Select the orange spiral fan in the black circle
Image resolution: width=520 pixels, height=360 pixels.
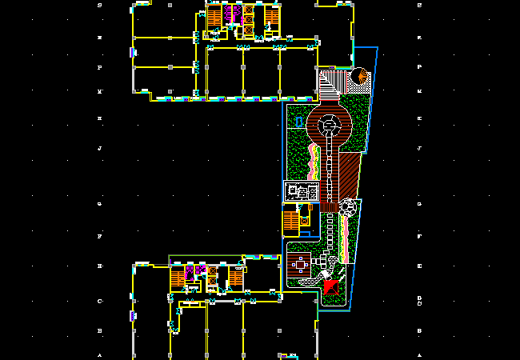(x=359, y=77)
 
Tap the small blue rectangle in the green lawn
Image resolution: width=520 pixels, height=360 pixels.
(x=298, y=122)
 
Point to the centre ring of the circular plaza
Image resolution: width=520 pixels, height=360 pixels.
(x=328, y=124)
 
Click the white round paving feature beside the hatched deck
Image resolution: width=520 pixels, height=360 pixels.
(x=348, y=207)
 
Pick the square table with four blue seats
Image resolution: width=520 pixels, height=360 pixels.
(x=301, y=263)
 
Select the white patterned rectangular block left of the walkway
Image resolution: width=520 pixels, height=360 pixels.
(x=302, y=192)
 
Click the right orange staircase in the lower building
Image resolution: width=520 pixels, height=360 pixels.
(x=236, y=277)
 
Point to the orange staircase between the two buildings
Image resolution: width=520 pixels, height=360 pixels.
(x=290, y=220)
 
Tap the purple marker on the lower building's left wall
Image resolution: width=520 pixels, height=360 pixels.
(x=132, y=316)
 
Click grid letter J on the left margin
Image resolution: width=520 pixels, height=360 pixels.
(x=99, y=149)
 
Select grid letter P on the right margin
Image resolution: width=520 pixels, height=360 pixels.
(x=420, y=68)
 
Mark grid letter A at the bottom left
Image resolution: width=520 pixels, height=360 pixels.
(x=99, y=355)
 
